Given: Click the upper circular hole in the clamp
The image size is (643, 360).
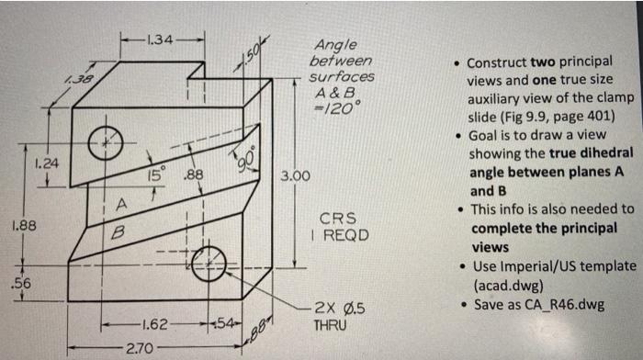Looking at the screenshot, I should click(106, 141).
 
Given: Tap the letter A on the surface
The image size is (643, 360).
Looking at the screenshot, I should click(120, 201).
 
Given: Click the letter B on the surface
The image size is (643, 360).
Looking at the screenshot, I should click(117, 234).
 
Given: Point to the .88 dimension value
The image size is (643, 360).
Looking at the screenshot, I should click(192, 174).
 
